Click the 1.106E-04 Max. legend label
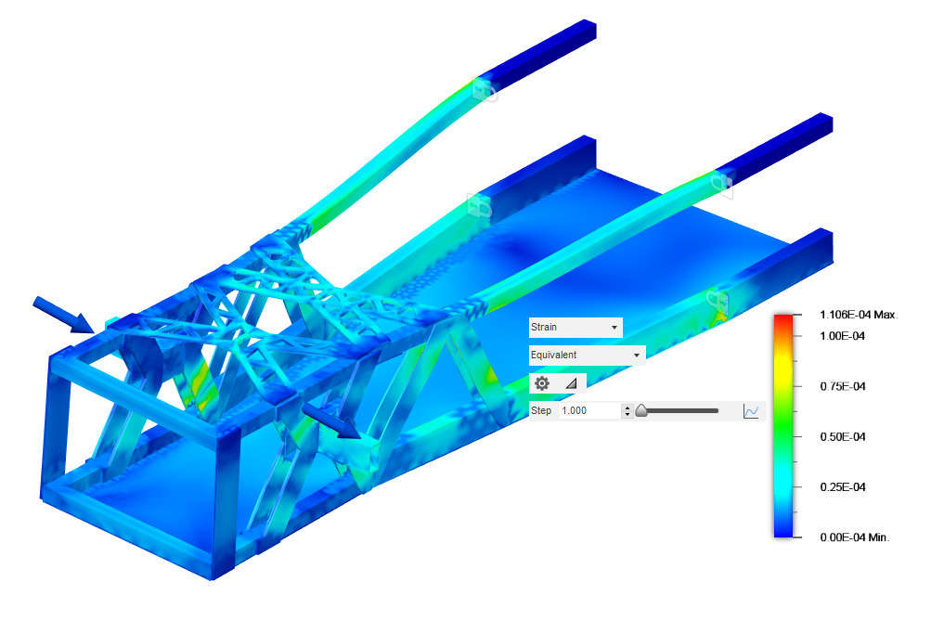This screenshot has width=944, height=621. (859, 315)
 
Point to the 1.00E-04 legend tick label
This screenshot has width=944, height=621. (842, 336)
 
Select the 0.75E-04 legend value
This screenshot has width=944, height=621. (842, 386)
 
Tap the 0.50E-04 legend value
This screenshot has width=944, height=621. (842, 436)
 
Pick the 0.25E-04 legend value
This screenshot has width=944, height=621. (842, 486)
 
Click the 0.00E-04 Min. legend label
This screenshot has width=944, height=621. (854, 537)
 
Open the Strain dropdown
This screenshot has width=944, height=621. (575, 327)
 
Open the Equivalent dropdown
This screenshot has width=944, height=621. (587, 355)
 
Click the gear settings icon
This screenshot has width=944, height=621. (542, 383)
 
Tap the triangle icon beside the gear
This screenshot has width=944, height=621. (572, 383)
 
